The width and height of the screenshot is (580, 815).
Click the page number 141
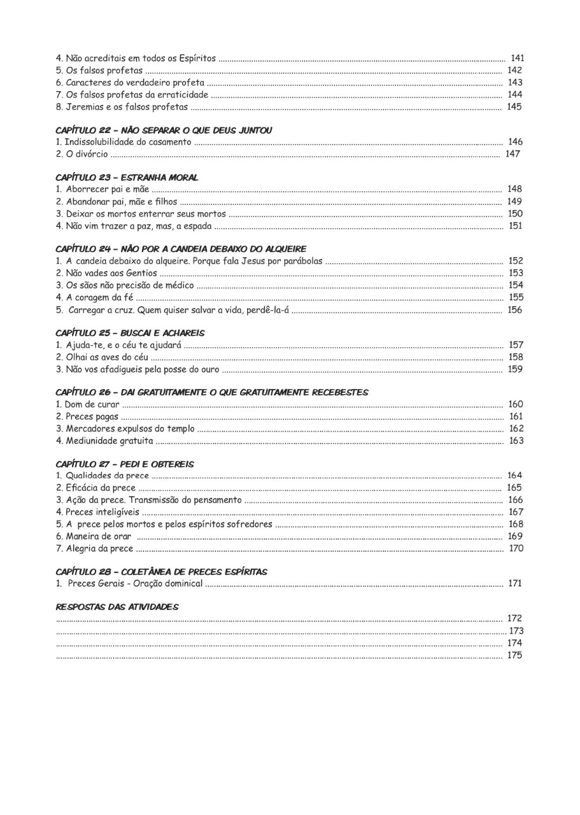point(517,59)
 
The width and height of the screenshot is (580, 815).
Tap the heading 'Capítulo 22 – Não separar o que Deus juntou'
point(164,130)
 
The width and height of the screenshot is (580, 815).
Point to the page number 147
point(513,154)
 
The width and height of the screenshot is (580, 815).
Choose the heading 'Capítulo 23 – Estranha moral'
point(127,177)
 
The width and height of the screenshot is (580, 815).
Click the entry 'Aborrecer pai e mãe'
point(103,189)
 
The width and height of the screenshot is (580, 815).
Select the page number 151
point(515,225)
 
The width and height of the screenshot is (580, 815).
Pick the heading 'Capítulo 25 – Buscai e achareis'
point(130,333)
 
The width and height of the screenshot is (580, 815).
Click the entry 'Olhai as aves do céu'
point(102,357)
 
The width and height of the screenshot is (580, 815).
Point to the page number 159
point(515,369)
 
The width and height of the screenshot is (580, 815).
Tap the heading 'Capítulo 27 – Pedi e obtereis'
point(125,464)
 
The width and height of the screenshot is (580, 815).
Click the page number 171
point(515,583)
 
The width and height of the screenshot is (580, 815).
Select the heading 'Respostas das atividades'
point(117,607)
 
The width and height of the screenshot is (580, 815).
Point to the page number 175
point(514,655)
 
